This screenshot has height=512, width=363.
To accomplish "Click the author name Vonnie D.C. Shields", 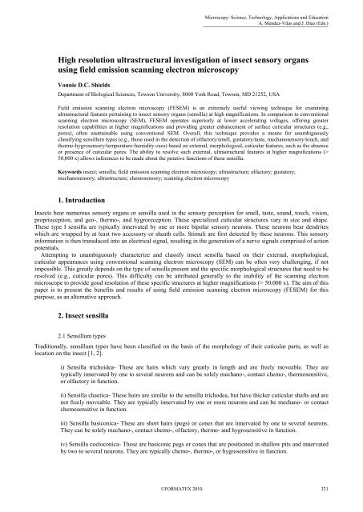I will (x=90, y=83).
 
